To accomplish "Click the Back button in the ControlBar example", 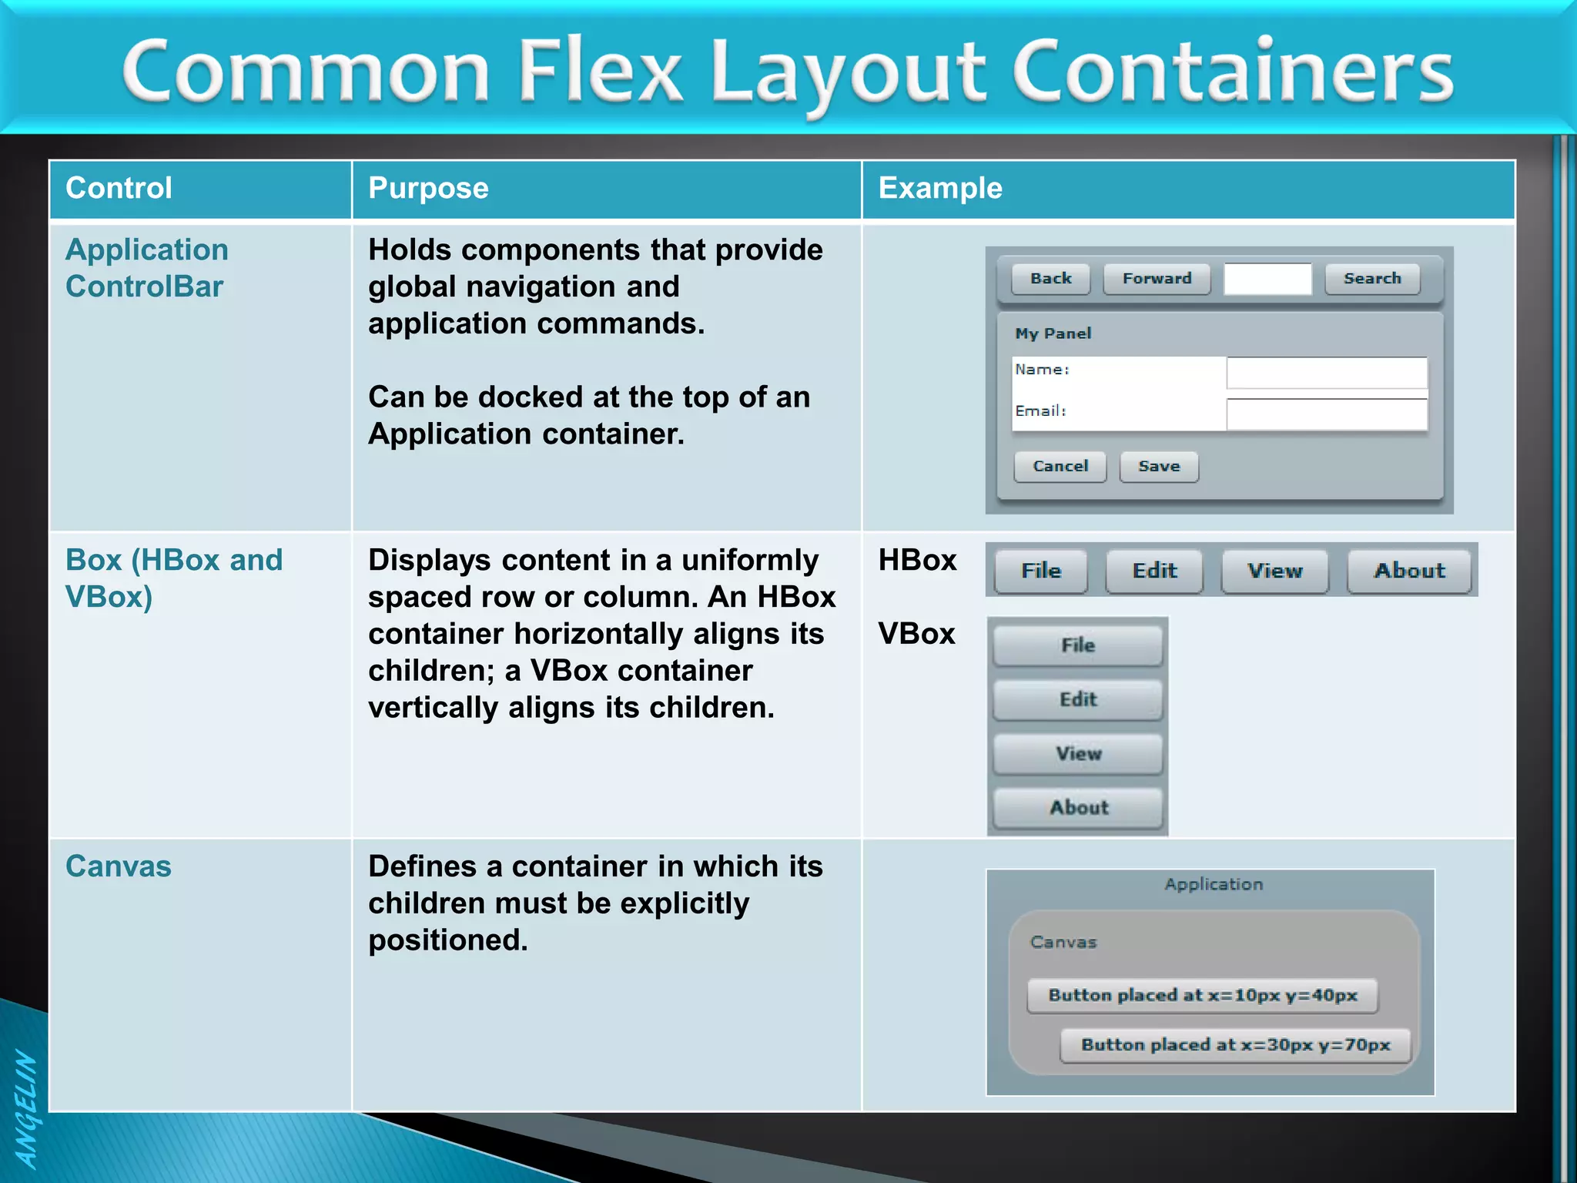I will click(x=1051, y=279).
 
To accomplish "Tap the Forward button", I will click(x=1157, y=279).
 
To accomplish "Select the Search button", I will click(x=1372, y=279).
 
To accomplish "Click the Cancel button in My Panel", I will click(x=1060, y=467).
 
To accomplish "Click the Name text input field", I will click(x=1327, y=374).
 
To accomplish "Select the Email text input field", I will click(x=1327, y=415).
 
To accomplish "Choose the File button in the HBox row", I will click(x=1041, y=571).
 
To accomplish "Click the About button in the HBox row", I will click(x=1409, y=571).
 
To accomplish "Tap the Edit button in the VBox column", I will click(x=1078, y=699).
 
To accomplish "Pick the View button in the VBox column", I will click(x=1078, y=753).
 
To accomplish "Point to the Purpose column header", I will click(x=428, y=189).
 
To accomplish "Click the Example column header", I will click(x=940, y=189).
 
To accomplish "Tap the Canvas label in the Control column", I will click(x=119, y=866).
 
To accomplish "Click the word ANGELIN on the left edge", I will click(x=27, y=1109).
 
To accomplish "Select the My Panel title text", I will click(x=1053, y=333).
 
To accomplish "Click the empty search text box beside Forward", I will click(x=1267, y=279).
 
